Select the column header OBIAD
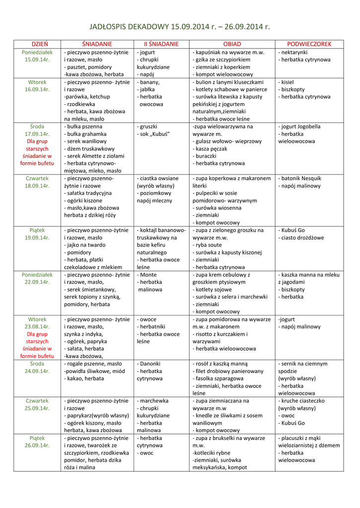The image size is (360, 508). pos(232,44)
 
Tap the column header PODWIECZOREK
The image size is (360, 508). pos(309,44)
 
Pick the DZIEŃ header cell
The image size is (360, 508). pos(37,44)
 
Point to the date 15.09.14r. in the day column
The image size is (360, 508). pos(37,60)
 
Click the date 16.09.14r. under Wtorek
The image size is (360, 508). pos(37,89)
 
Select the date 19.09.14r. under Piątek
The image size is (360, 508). pos(37,238)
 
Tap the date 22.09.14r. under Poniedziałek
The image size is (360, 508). pos(37,282)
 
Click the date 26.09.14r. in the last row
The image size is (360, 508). pos(37,445)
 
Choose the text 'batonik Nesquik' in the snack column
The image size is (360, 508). pos(301,178)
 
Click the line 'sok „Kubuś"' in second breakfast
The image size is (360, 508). pos(154,134)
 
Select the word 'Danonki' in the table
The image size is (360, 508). pos(150,363)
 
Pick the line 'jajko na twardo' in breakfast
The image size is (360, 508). pos(86,245)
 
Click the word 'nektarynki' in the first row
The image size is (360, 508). pos(294,52)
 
